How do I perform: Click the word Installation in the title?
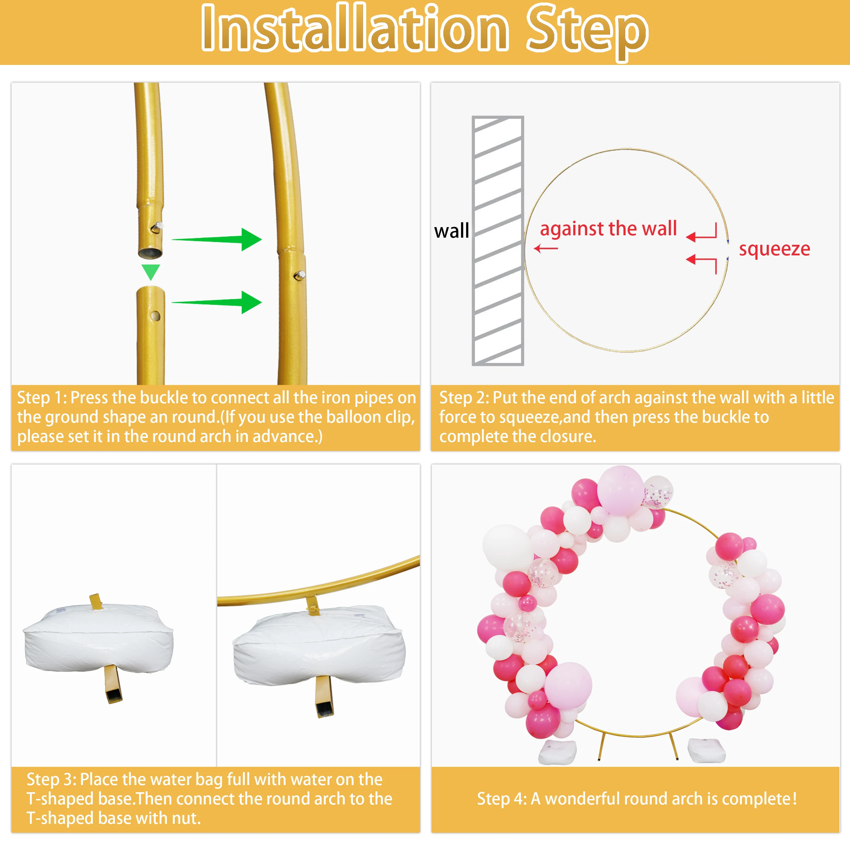355,28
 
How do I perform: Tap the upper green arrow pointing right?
217,239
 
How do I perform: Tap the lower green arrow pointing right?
217,302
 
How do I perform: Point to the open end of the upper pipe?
150,253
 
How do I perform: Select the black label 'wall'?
452,231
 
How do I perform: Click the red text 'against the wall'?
608,229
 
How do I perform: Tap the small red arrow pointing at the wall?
546,249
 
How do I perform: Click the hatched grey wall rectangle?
498,241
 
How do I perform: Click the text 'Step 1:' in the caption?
42,398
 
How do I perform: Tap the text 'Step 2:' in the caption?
464,398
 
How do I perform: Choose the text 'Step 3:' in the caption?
51,780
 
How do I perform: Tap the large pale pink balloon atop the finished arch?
620,490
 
